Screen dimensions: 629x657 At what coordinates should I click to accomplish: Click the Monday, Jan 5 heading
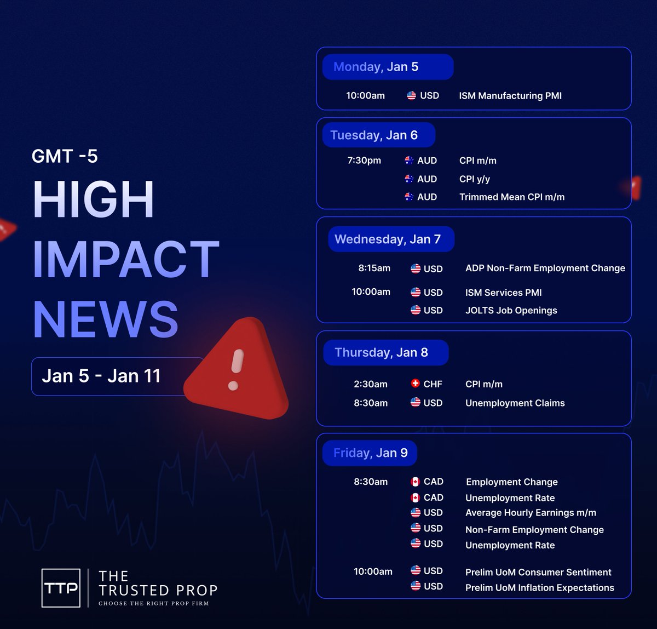click(x=376, y=67)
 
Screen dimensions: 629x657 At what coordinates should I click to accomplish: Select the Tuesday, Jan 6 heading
click(x=374, y=135)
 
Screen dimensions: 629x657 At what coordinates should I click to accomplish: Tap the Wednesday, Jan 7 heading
click(x=388, y=239)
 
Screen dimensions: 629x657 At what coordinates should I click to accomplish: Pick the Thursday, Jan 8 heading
click(x=381, y=353)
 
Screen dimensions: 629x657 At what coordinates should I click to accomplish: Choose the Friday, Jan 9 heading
click(x=371, y=453)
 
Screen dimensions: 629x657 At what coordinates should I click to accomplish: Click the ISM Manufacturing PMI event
click(x=510, y=96)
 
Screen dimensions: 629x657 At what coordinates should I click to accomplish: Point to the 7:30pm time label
click(x=364, y=161)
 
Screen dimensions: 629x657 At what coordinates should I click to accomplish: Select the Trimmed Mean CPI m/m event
click(x=512, y=197)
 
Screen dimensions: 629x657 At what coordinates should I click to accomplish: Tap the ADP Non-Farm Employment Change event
click(x=545, y=268)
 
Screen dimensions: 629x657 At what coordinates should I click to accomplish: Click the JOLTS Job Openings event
click(x=511, y=311)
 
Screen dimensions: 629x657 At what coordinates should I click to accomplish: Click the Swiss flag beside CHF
click(x=415, y=384)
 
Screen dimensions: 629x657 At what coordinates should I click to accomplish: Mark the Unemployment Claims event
click(x=515, y=403)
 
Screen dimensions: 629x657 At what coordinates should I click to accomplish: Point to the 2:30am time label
click(x=371, y=384)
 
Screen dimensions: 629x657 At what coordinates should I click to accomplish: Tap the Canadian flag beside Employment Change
click(x=416, y=482)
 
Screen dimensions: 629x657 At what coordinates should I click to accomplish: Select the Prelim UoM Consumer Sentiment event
click(x=538, y=572)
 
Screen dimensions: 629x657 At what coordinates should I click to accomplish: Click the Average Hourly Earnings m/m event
click(x=531, y=513)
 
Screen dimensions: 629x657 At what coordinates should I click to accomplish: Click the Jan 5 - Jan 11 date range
click(x=101, y=376)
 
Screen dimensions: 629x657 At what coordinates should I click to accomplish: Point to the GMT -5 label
click(x=65, y=156)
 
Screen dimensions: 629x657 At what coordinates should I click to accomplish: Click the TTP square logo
click(x=61, y=588)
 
